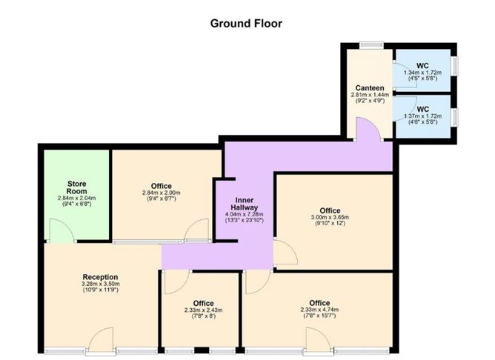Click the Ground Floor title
pos(247,23)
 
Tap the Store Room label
pos(78,187)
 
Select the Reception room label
pos(101,277)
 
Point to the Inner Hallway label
pos(245,205)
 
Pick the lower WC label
pos(423,109)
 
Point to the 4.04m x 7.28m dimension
pos(245,216)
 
